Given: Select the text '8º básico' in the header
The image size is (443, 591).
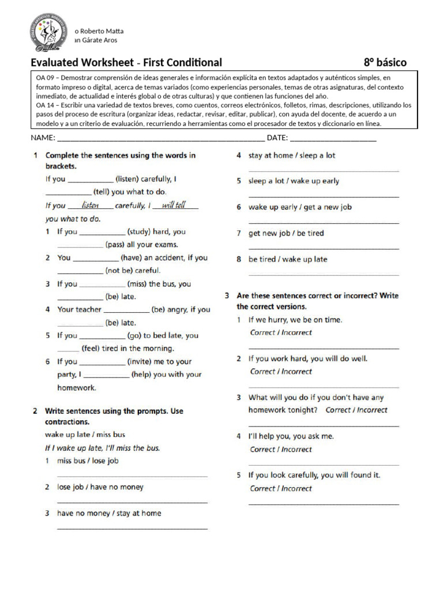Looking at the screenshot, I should click(385, 62).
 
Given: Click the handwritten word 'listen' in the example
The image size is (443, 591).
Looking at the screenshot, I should click(91, 205).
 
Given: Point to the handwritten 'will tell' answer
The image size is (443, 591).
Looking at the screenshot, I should click(174, 205).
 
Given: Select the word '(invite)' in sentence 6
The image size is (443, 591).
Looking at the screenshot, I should click(141, 361).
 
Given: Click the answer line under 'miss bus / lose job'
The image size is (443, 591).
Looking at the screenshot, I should click(132, 476).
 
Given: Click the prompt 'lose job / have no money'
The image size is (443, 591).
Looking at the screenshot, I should click(100, 487).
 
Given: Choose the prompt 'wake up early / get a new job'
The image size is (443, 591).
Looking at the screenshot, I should click(300, 207).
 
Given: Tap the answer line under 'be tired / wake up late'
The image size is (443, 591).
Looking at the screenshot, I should click(323, 274).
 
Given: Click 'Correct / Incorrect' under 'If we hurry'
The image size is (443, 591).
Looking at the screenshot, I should click(281, 332).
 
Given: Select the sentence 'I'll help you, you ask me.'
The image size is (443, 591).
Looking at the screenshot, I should click(291, 436).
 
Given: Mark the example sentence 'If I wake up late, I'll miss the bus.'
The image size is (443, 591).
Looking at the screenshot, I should click(103, 448).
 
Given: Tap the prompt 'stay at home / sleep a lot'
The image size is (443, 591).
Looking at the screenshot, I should click(292, 155).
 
